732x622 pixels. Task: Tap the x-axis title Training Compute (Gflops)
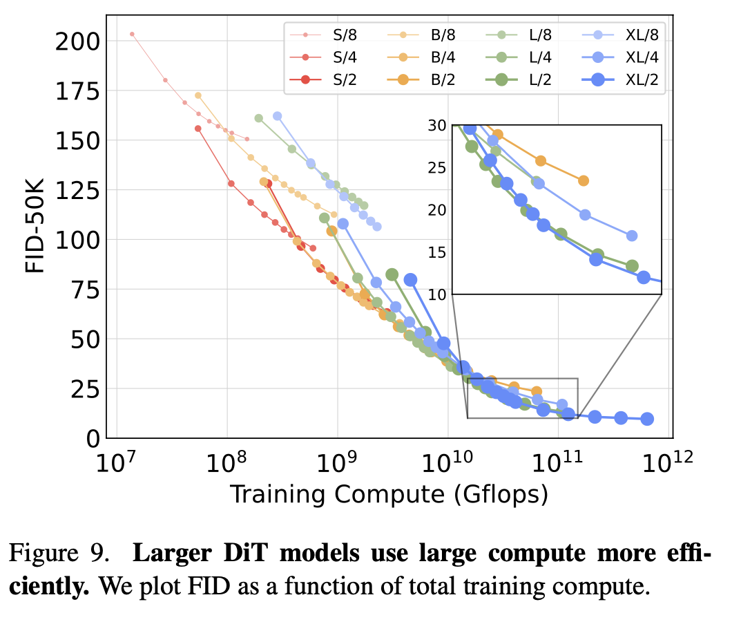389,495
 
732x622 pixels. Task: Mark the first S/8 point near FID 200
132,34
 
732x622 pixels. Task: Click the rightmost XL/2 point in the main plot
647,419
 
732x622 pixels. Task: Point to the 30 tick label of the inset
439,125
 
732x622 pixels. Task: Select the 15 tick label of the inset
439,252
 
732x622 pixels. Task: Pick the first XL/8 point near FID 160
277,116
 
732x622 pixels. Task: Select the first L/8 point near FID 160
259,118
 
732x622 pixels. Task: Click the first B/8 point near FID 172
198,95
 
